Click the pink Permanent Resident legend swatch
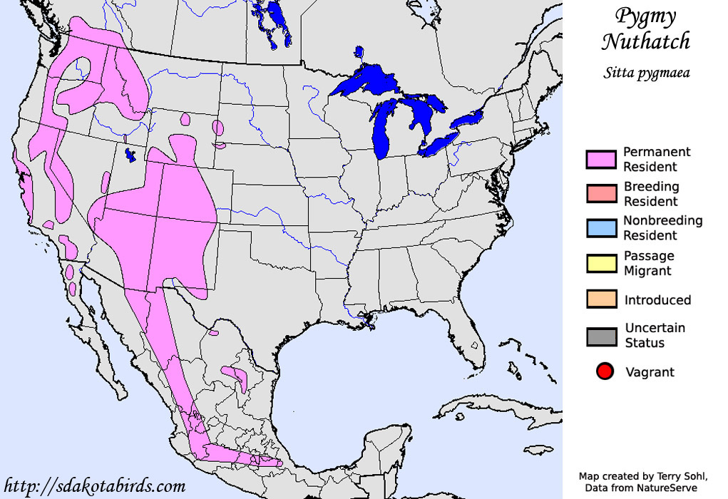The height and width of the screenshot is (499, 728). point(600,160)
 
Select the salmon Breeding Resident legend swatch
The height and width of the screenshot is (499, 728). point(600,194)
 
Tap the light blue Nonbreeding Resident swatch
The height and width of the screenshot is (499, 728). point(600,228)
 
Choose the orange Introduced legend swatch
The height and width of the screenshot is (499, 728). point(600,299)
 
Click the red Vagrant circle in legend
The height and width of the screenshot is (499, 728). point(605,371)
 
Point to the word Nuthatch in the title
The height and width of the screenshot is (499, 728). point(645,41)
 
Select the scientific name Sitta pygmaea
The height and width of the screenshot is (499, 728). point(646,72)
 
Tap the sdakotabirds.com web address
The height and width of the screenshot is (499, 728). point(94,487)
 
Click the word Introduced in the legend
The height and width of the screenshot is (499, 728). point(657,300)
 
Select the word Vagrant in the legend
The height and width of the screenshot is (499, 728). point(650,372)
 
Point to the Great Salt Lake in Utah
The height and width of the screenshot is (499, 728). point(130,154)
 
